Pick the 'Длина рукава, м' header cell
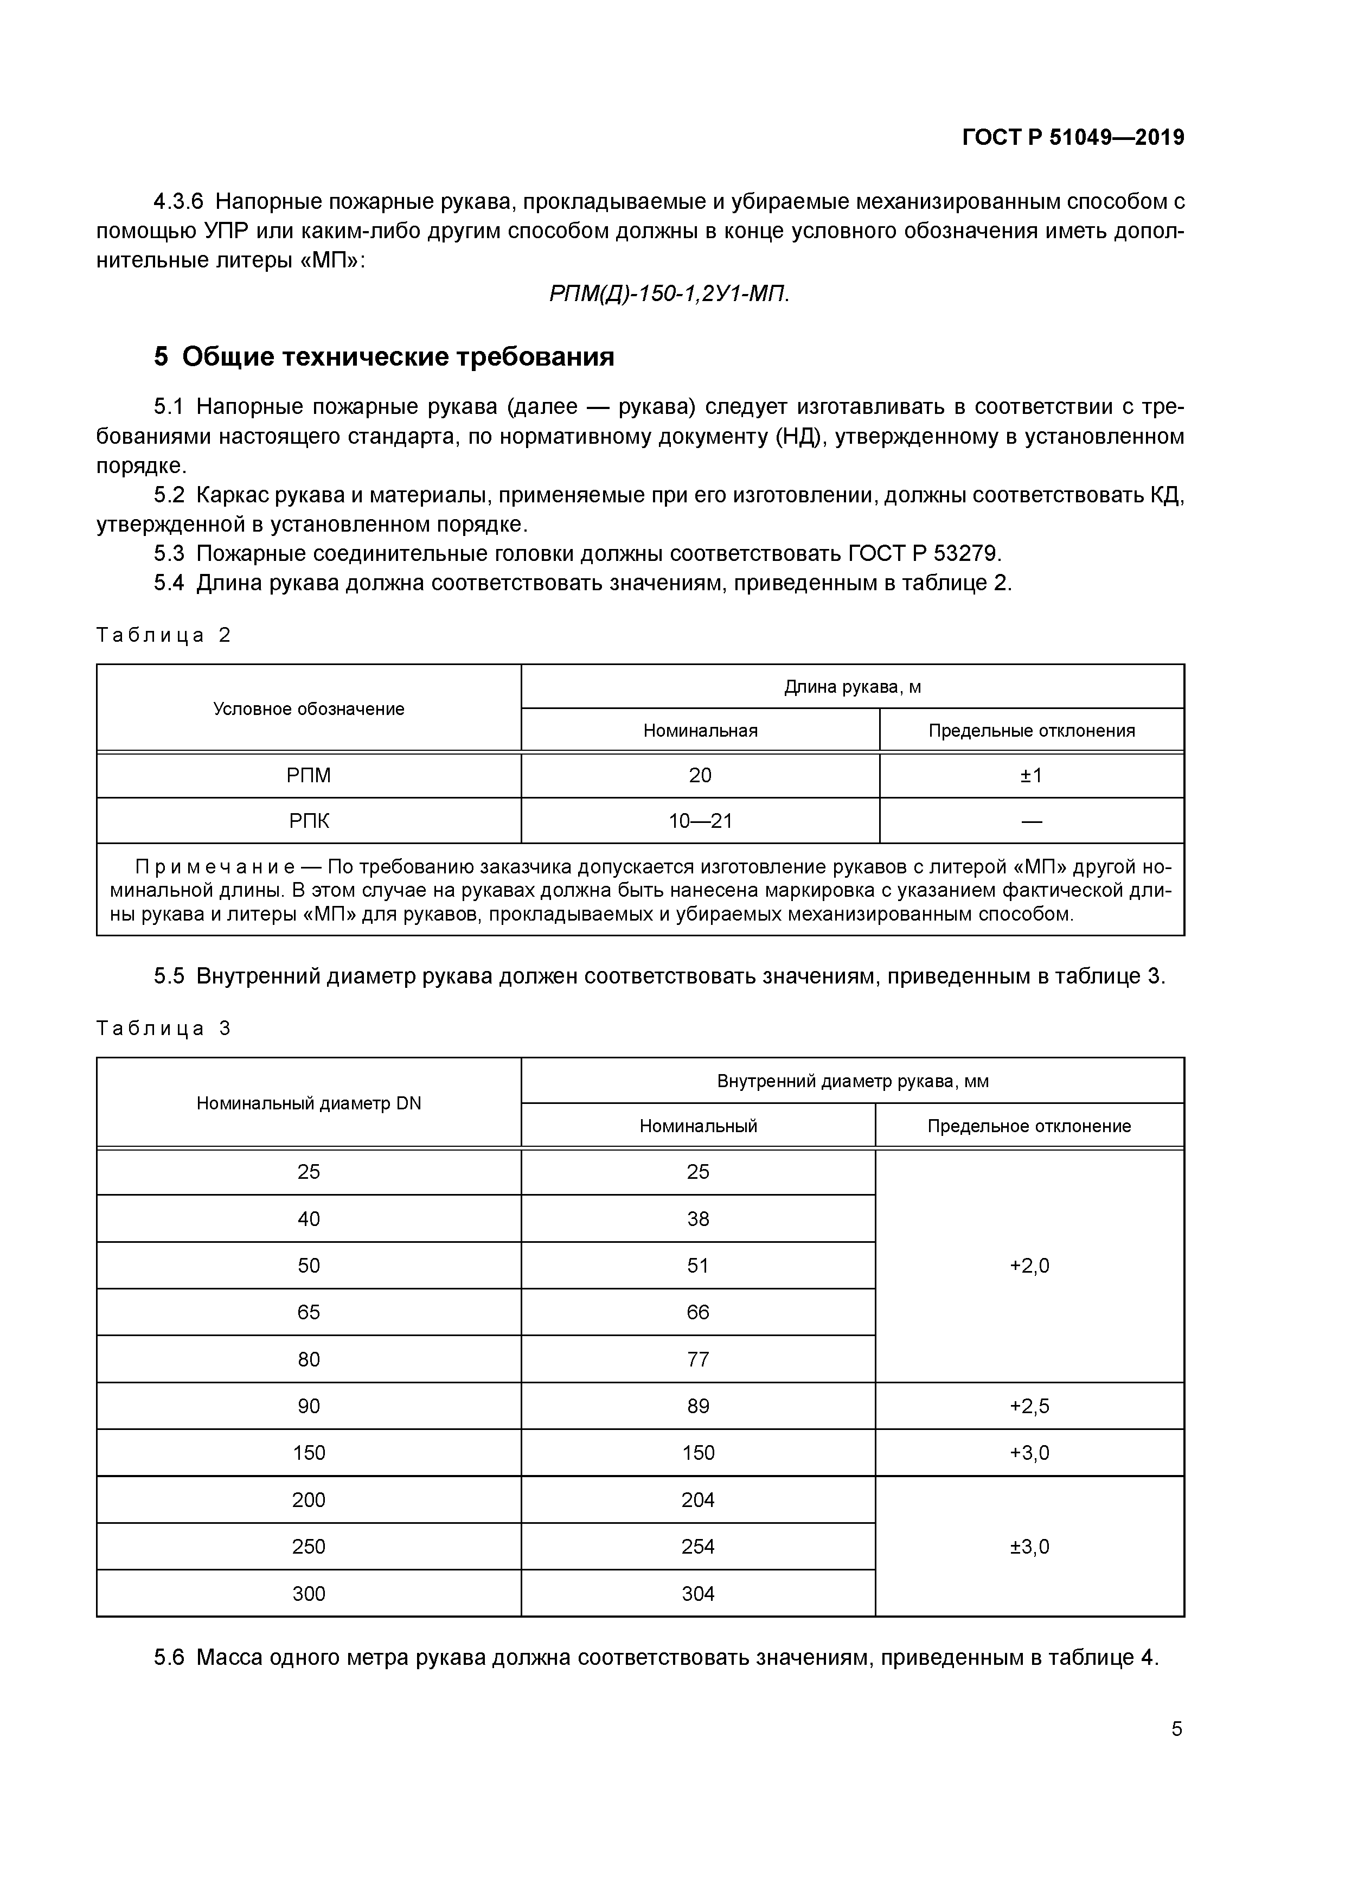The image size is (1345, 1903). [x=852, y=687]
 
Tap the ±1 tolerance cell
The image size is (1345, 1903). [x=1031, y=776]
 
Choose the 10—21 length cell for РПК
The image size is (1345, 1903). [x=700, y=821]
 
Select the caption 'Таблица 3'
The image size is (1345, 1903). [x=163, y=1029]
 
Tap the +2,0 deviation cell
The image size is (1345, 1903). [x=1029, y=1266]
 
